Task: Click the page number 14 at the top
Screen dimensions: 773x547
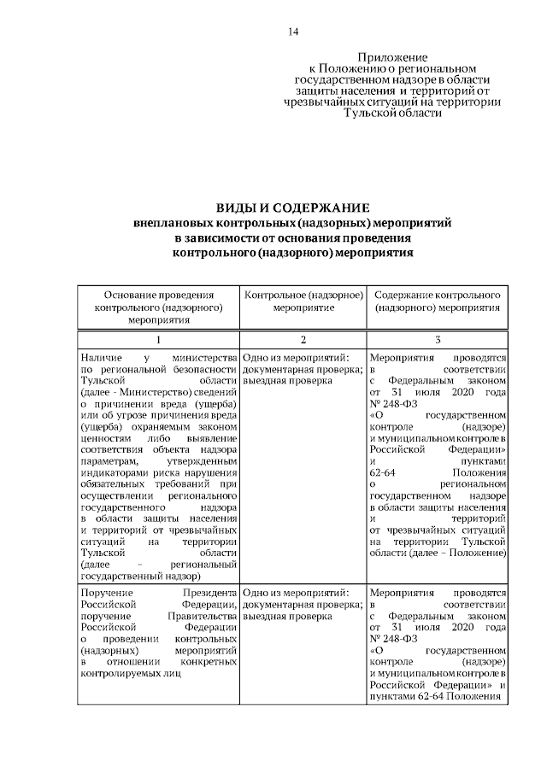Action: click(293, 32)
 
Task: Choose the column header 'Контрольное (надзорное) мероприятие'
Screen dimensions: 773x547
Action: click(303, 300)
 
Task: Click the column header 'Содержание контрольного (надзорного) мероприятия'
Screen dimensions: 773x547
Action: click(437, 300)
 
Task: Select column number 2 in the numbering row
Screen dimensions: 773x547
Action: click(303, 339)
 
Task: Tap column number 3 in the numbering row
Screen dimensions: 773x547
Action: click(437, 339)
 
